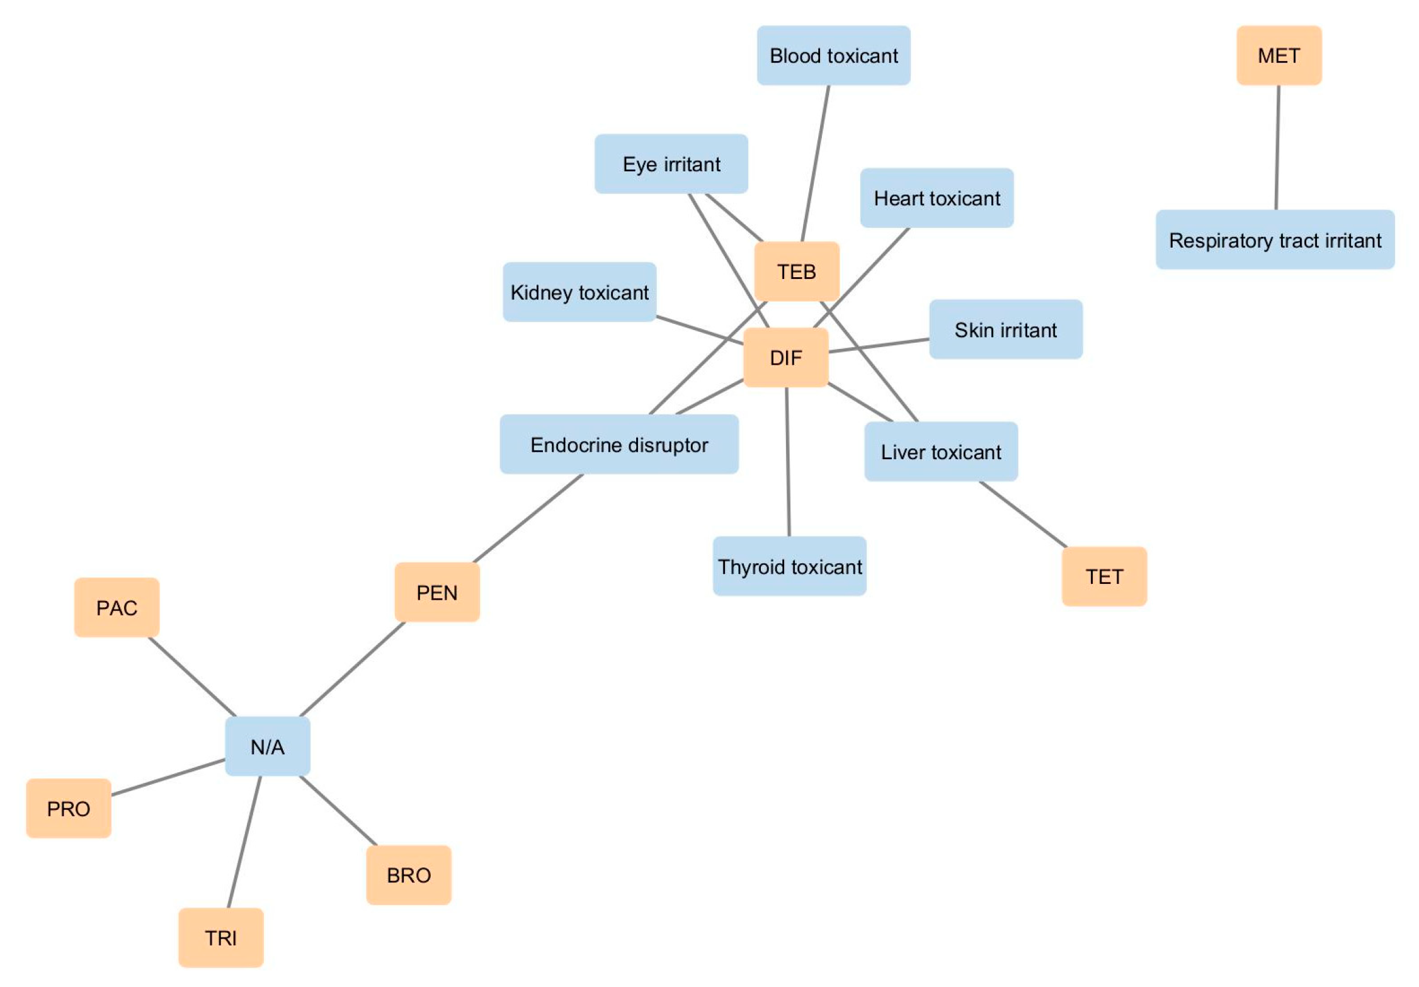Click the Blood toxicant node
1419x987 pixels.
tap(833, 55)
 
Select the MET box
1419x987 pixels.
tap(1278, 55)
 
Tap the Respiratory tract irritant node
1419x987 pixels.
tap(1274, 240)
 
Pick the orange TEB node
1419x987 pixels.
tap(796, 271)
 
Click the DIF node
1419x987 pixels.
tap(785, 357)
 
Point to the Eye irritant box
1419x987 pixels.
tap(671, 164)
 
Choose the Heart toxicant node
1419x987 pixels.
tap(936, 198)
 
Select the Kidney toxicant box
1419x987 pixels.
tap(579, 292)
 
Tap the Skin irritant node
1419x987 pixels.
tap(1005, 329)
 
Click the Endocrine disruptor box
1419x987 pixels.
tap(618, 444)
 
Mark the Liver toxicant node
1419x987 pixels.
tap(940, 452)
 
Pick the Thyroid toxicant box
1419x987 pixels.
tap(789, 566)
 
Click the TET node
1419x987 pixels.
tap(1103, 576)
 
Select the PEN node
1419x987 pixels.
tap(436, 592)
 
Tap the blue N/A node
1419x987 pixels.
tap(267, 746)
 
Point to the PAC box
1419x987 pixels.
tap(117, 607)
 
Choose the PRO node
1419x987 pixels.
tap(69, 808)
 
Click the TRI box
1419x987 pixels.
tap(220, 937)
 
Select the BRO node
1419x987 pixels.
tap(408, 875)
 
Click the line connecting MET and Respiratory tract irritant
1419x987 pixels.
tap(1277, 147)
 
